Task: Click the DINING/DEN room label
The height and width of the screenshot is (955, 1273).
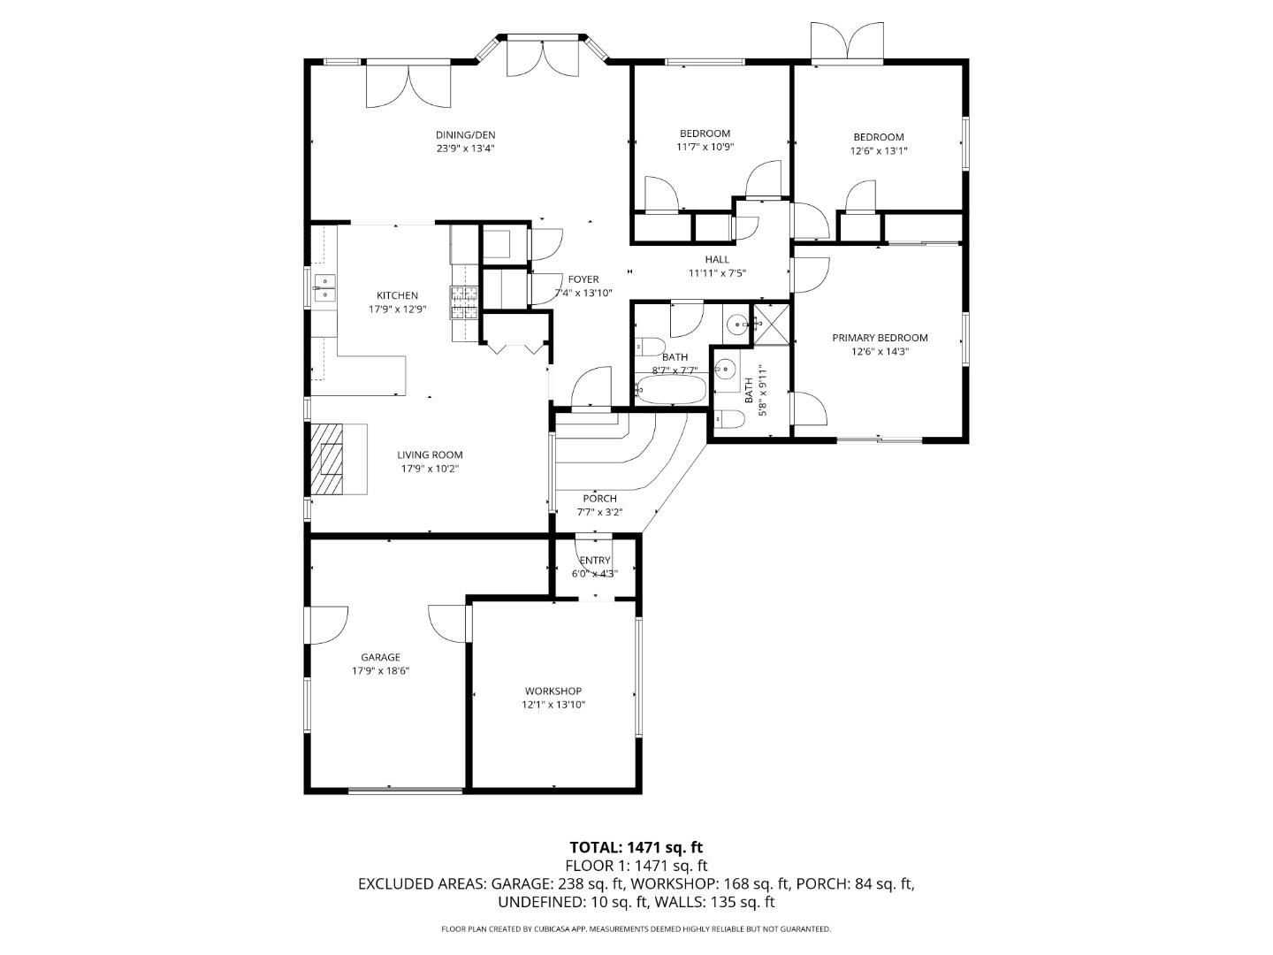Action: [465, 135]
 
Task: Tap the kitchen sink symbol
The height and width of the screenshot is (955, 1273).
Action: [324, 286]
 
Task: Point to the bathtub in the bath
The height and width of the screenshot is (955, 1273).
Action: [671, 390]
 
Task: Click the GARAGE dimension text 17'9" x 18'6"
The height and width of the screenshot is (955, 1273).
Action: [380, 671]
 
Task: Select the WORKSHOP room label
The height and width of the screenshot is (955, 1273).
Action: [553, 691]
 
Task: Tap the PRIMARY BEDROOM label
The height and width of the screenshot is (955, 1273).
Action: [880, 338]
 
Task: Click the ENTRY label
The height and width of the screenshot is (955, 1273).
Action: [595, 561]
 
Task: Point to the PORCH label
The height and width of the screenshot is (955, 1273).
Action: [599, 499]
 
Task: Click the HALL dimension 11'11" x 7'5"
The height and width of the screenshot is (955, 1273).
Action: [717, 273]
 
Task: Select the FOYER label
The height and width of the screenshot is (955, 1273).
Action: [583, 279]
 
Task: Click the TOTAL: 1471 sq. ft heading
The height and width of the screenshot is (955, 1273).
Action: [636, 848]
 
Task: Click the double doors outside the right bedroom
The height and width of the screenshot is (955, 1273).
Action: [847, 41]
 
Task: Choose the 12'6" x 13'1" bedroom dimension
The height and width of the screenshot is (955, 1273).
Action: [879, 150]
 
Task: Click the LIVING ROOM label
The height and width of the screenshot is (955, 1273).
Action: [430, 455]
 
